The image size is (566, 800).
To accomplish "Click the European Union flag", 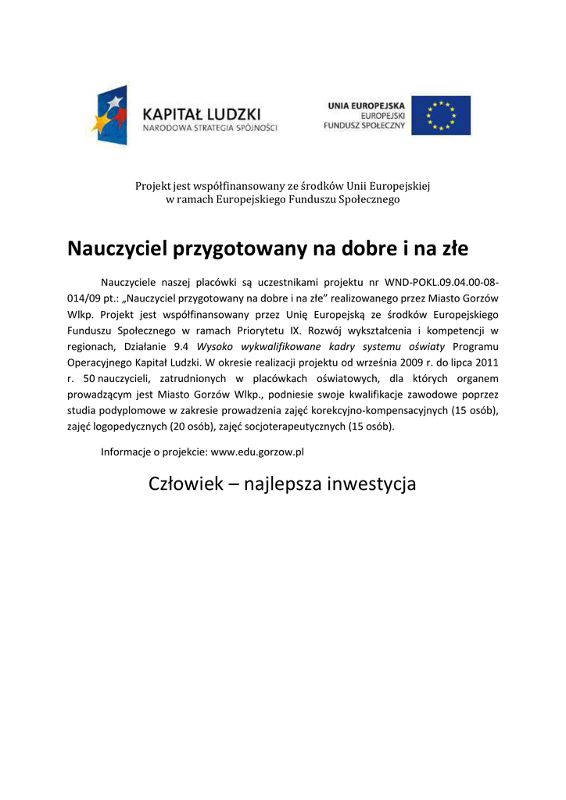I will tap(441, 116).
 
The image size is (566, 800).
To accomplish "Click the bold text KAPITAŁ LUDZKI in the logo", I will tap(202, 112).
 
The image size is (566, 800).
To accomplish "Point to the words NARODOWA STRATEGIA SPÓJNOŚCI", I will tap(210, 127).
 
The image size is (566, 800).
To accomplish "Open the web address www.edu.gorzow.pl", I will tap(257, 452).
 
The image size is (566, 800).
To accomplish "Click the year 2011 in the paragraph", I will tap(486, 362).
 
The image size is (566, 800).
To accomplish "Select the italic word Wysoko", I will tap(213, 346).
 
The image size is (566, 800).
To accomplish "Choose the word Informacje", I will tap(127, 452).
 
